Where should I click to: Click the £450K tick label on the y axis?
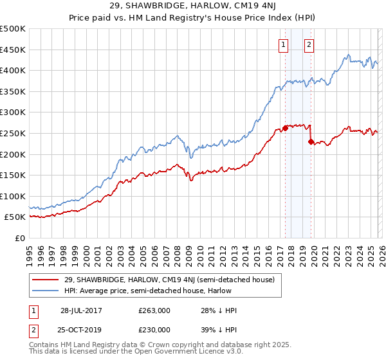point(13,50)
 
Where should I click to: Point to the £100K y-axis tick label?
point(13,196)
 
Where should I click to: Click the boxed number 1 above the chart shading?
point(284,44)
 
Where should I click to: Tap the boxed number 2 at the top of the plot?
point(309,44)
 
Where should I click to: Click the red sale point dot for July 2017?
point(285,128)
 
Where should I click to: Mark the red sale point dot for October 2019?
point(311,141)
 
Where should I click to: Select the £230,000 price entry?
point(154,329)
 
